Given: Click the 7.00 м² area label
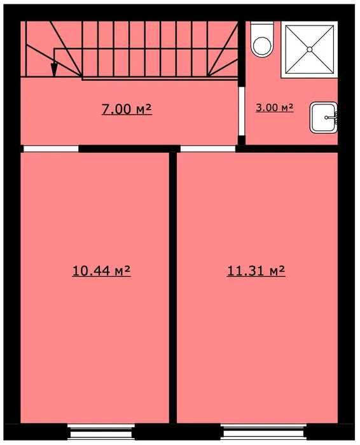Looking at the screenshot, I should pyautogui.click(x=127, y=109).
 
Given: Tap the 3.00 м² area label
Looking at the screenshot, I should pyautogui.click(x=274, y=108).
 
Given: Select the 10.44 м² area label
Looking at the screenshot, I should pyautogui.click(x=102, y=271).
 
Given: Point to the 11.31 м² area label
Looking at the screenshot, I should pyautogui.click(x=255, y=271).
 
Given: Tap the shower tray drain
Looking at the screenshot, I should pyautogui.click(x=309, y=48).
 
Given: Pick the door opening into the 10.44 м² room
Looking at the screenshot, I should pyautogui.click(x=51, y=149).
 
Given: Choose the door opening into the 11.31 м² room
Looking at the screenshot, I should pyautogui.click(x=207, y=149).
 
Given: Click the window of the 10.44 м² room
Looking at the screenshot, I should pyautogui.click(x=101, y=432).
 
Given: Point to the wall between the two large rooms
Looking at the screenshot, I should pyautogui.click(x=172, y=286).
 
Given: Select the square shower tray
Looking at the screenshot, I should pyautogui.click(x=309, y=48).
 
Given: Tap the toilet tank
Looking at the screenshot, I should pyautogui.click(x=261, y=29).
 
